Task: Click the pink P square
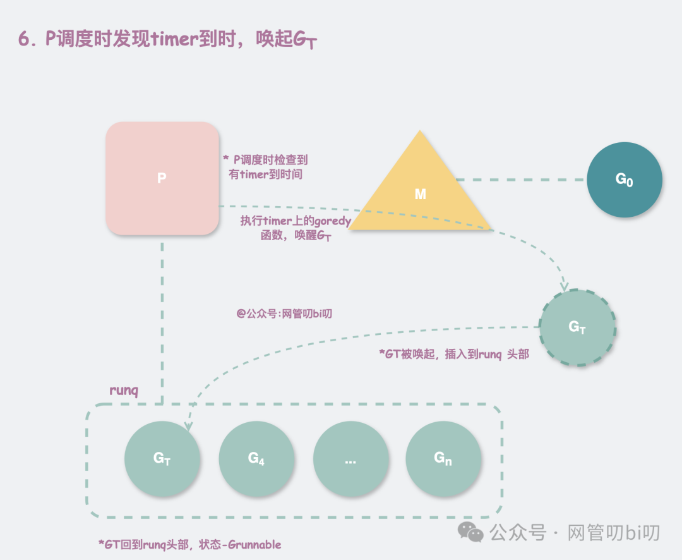point(162,178)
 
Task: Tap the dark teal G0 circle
point(624,180)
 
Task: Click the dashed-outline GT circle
point(577,327)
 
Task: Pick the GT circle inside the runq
point(162,458)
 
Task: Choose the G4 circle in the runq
point(256,458)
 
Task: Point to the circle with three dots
point(350,458)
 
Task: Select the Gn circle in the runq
point(443,458)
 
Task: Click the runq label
point(124,390)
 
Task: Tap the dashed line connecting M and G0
point(521,180)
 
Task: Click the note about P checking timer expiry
point(265,167)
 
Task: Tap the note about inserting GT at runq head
point(453,355)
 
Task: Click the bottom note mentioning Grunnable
point(189,544)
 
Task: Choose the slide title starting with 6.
point(167,39)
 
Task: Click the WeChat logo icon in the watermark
point(471,532)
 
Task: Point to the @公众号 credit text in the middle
point(284,313)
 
